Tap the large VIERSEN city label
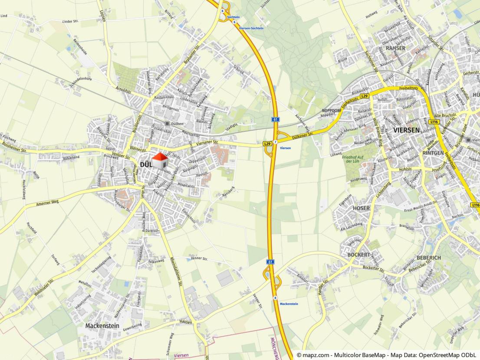pos(407,130)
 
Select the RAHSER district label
pos(395,48)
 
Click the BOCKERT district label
pos(358,255)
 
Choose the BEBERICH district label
pos(428,258)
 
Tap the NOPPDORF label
pos(331,111)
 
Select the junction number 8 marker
pos(275,298)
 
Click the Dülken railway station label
pos(178,123)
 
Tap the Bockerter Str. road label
pos(373,268)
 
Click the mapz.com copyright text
pos(386,355)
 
